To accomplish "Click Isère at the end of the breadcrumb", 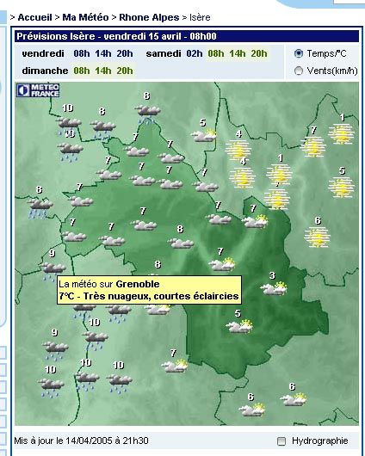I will [x=201, y=16].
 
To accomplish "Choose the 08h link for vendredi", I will [x=82, y=53].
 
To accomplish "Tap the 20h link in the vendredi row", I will [x=124, y=53].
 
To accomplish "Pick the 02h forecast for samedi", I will [x=195, y=53].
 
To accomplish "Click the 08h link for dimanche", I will [x=82, y=71].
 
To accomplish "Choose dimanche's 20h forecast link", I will [x=124, y=71].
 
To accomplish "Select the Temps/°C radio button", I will [x=299, y=53].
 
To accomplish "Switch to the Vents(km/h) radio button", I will [x=299, y=71].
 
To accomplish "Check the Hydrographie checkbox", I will [x=281, y=441].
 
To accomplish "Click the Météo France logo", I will [x=37, y=89].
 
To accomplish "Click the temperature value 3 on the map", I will [x=273, y=275].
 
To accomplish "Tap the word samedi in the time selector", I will [x=164, y=53].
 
